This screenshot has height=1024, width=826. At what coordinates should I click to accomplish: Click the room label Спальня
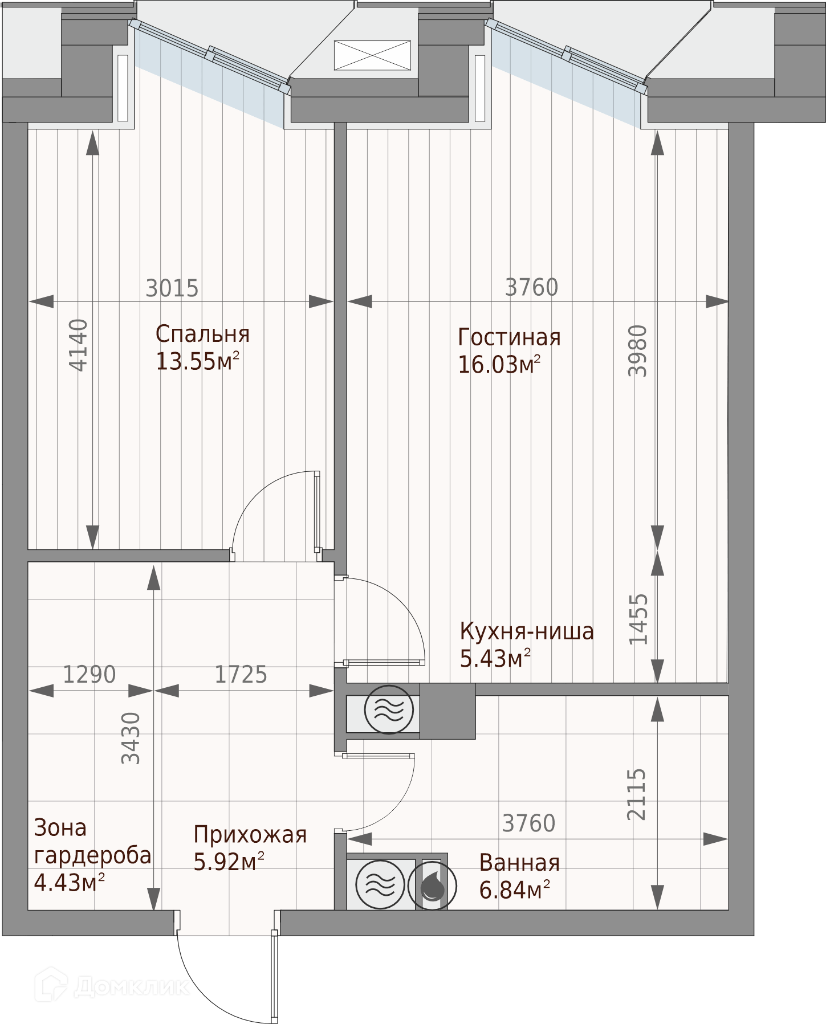coord(202,334)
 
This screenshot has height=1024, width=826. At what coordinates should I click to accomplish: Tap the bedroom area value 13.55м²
coord(197,361)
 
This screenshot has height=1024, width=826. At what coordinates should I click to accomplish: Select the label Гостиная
coord(509,337)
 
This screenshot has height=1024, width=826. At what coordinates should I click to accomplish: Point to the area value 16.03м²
coord(499,364)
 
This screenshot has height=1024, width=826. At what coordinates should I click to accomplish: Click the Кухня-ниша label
coord(527,631)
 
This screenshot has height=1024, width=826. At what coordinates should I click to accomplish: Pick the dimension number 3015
coord(172,288)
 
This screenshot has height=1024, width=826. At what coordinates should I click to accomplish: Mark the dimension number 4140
coord(79,345)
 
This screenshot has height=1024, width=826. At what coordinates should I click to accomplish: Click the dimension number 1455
coord(638,619)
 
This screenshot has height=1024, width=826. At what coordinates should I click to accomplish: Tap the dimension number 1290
coord(89,674)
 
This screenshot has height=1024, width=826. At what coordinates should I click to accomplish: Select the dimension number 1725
coord(241,674)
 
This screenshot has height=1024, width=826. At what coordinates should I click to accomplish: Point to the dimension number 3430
coord(131,738)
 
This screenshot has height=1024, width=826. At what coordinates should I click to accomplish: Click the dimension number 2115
coord(637,794)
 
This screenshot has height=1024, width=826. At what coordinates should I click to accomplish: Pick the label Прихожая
coord(250,835)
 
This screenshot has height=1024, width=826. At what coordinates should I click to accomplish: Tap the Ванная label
coord(519,863)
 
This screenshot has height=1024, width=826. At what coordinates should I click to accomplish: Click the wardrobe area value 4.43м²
coord(70,883)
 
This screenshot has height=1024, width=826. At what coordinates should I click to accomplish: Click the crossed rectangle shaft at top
coord(372,55)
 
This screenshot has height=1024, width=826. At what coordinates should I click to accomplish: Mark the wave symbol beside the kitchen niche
coord(388,709)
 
